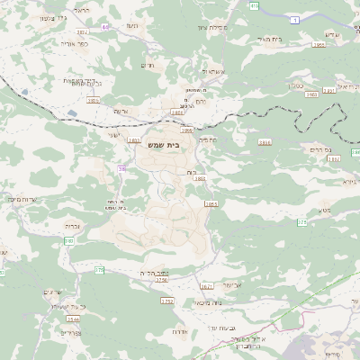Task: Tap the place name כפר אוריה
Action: (74, 42)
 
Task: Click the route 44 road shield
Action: (105, 27)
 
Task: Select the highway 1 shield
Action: (293, 19)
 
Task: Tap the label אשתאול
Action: (213, 70)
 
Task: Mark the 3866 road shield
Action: (264, 142)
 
